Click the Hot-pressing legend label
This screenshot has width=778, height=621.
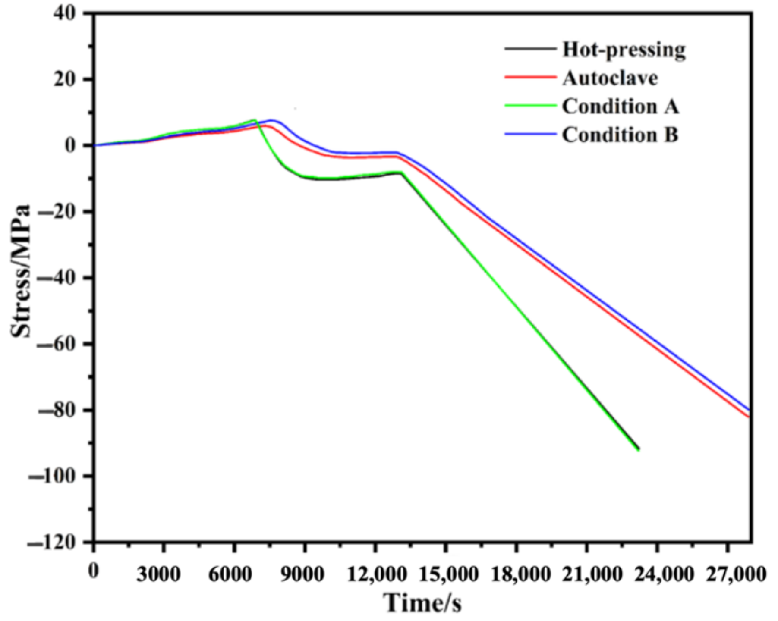click(x=624, y=50)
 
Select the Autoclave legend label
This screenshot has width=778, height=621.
click(x=610, y=78)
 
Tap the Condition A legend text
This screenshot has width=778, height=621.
click(x=620, y=107)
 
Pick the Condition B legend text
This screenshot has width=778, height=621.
click(x=620, y=135)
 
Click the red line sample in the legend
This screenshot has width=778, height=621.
click(x=530, y=78)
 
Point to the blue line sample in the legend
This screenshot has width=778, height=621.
click(x=530, y=135)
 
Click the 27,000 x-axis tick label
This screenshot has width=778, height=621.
click(x=736, y=574)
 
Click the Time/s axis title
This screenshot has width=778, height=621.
click(x=422, y=602)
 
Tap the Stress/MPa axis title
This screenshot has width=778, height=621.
click(x=21, y=270)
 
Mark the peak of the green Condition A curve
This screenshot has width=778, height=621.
click(x=255, y=120)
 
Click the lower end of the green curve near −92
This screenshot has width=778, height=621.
click(x=638, y=450)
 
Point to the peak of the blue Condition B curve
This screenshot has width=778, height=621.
click(x=271, y=120)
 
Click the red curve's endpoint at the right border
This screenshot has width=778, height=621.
click(x=750, y=417)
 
